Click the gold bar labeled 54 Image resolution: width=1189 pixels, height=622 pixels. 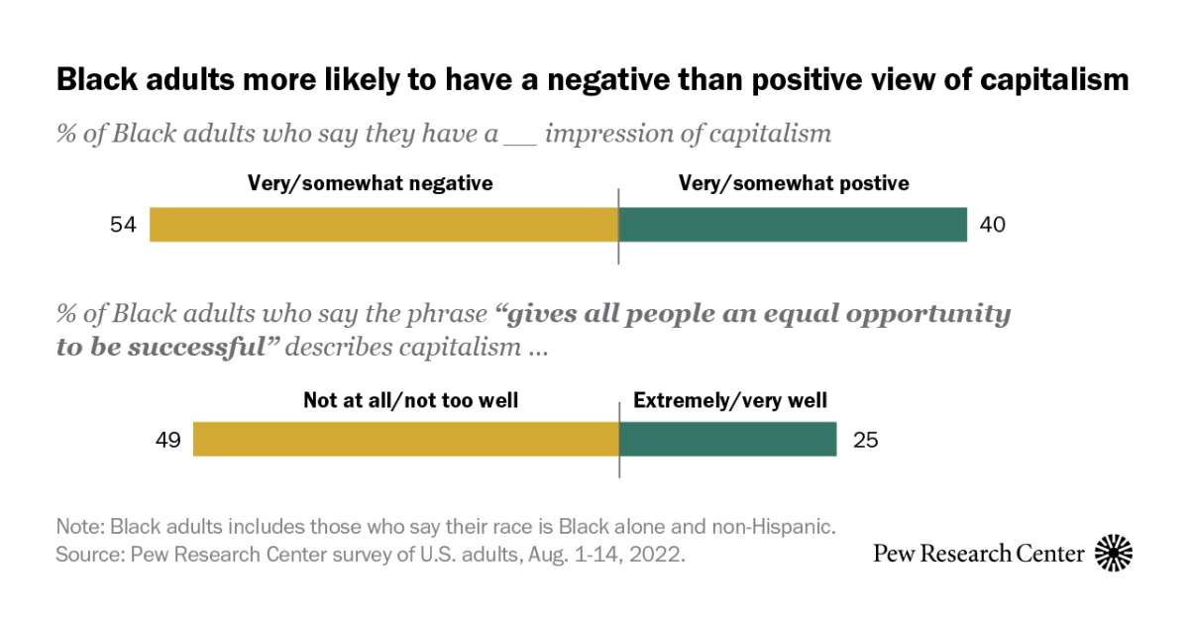coord(383,225)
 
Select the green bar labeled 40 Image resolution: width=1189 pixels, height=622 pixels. coord(793,225)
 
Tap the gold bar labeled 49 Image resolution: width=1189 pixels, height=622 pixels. coord(405,438)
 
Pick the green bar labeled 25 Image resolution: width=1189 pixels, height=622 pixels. coord(727,438)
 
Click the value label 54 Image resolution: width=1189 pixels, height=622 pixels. coord(123,225)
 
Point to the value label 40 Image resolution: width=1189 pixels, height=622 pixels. coord(992,225)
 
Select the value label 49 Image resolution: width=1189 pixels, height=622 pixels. coord(166,439)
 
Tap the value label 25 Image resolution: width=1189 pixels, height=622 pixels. coord(865,439)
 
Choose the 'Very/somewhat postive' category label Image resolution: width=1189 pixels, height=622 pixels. coord(793,183)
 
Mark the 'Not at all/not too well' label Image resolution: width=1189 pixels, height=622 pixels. coord(410,401)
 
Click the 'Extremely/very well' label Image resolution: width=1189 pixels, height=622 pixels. coord(730,401)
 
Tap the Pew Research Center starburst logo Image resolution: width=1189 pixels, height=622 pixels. coord(1114,552)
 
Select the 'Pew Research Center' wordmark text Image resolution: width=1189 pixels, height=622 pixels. coord(979,553)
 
